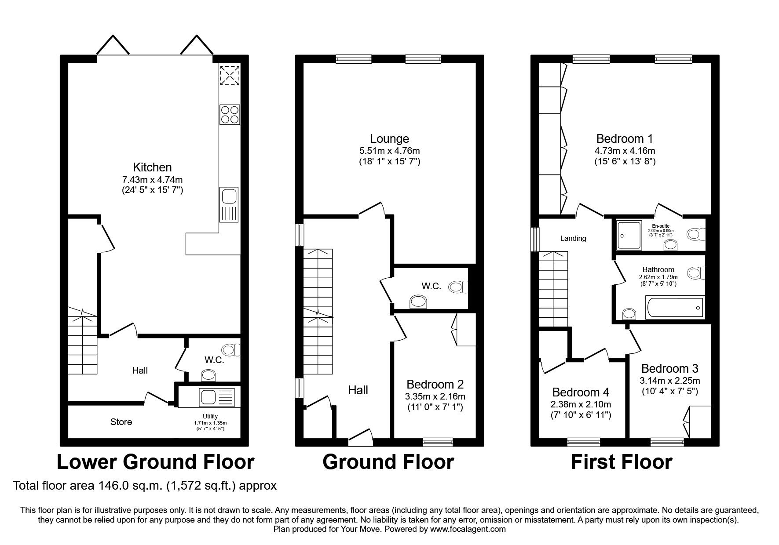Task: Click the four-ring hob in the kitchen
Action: [230, 114]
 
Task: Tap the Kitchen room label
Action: [152, 167]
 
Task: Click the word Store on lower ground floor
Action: [121, 422]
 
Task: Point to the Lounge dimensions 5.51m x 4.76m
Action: [389, 151]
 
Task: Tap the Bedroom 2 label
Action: [435, 385]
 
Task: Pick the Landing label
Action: [573, 238]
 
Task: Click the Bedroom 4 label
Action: [581, 392]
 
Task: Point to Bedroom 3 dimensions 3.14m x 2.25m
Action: [670, 381]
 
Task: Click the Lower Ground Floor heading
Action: [156, 462]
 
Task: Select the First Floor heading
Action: [622, 462]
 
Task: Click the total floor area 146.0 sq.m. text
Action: [145, 486]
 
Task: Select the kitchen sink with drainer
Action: [229, 204]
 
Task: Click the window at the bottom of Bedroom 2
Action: [438, 442]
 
